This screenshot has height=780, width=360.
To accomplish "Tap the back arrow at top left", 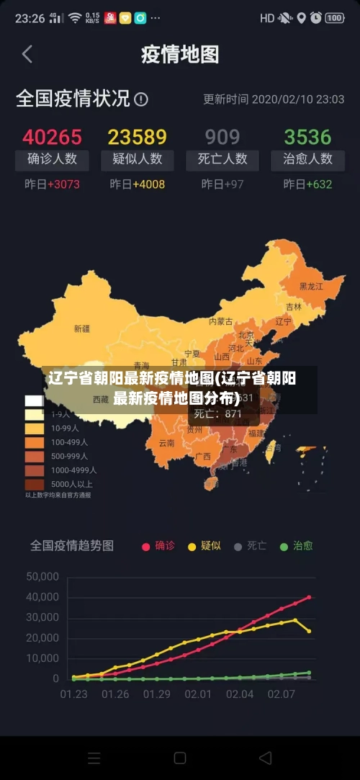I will (27, 54).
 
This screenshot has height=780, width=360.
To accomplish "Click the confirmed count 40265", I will (52, 137).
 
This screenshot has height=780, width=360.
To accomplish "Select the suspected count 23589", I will (137, 137).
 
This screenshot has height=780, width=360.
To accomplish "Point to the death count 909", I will (222, 137).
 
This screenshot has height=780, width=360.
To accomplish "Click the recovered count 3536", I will (307, 137).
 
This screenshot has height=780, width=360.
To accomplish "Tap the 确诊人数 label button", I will (52, 159).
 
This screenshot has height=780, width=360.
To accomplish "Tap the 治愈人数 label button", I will (307, 159).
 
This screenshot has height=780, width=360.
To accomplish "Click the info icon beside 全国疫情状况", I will (141, 99).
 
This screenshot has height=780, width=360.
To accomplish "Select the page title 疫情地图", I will (179, 54).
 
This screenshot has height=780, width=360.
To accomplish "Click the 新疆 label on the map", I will (82, 328).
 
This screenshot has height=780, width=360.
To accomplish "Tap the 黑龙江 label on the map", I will (311, 287).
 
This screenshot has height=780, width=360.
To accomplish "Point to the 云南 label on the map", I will (166, 443).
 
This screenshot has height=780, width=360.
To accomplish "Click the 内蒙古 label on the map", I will (220, 321).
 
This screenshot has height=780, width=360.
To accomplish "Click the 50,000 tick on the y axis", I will (42, 576).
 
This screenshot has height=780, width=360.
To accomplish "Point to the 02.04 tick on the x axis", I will (240, 694).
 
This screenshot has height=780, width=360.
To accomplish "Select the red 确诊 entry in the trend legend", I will (158, 546).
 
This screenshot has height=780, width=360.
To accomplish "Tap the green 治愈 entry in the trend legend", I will (296, 546).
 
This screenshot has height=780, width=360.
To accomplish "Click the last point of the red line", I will (309, 597).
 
